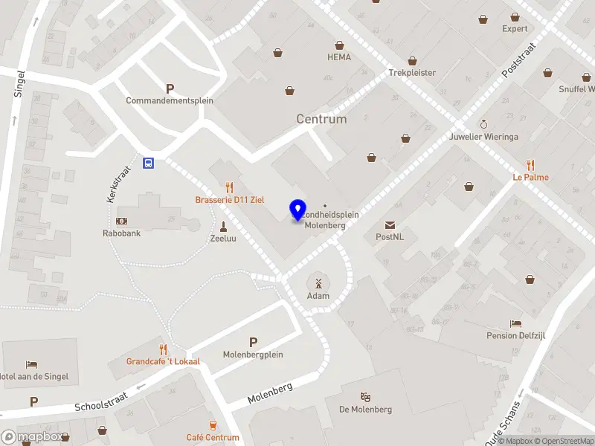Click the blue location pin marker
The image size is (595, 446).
[x=298, y=210]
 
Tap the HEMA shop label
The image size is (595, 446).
[x=339, y=57]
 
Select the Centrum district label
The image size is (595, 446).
[x=321, y=119]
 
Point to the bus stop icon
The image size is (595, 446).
[x=149, y=164]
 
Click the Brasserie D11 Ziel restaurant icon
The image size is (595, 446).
[x=230, y=188]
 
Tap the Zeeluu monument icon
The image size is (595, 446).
[x=223, y=227]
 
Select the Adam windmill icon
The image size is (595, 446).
[x=318, y=282]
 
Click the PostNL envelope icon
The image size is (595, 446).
[x=390, y=225]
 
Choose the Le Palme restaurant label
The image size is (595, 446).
[x=530, y=178]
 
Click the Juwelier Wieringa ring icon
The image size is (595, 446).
[x=483, y=124]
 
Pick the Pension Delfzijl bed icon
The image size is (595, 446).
[x=516, y=323]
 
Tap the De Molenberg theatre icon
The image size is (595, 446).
[x=365, y=397]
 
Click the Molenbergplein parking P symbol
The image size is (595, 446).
[x=253, y=342]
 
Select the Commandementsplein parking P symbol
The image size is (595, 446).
[x=170, y=88]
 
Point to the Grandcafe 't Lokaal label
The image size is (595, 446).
[x=163, y=361]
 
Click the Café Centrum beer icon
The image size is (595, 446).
[x=213, y=425]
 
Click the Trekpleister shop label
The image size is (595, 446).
[x=412, y=73]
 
